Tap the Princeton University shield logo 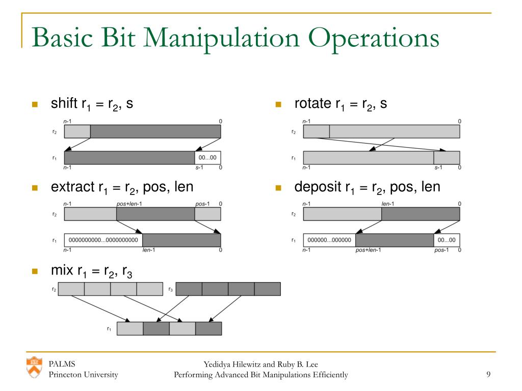pyautogui.click(x=35, y=367)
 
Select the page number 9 pyautogui.click(x=488, y=375)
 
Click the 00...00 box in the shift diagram pyautogui.click(x=207, y=157)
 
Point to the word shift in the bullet pyautogui.click(x=64, y=104)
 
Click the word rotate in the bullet pyautogui.click(x=312, y=104)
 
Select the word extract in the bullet pyautogui.click(x=72, y=187)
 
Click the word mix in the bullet pyautogui.click(x=62, y=270)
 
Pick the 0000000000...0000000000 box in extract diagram pyautogui.click(x=103, y=240)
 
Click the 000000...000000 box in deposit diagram pyautogui.click(x=329, y=240)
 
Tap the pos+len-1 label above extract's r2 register pyautogui.click(x=129, y=204)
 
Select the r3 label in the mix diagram pyautogui.click(x=170, y=289)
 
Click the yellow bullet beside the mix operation pyautogui.click(x=35, y=271)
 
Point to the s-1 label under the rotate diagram pyautogui.click(x=438, y=167)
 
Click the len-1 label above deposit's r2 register pyautogui.click(x=389, y=204)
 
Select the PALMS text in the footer pyautogui.click(x=62, y=364)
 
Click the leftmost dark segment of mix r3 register pyautogui.click(x=189, y=289)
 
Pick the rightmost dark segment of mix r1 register pyautogui.click(x=208, y=328)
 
